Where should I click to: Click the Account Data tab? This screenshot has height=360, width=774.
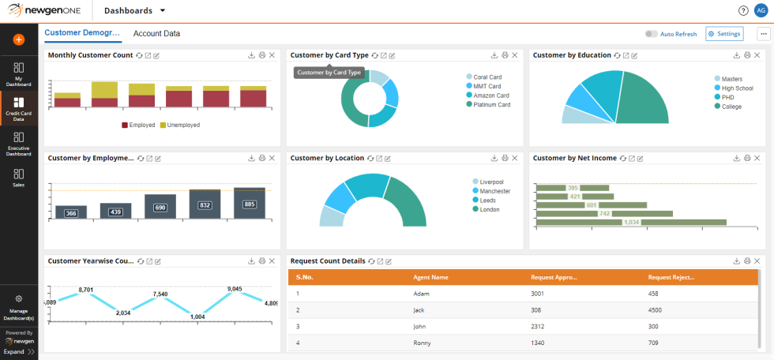[x=156, y=34]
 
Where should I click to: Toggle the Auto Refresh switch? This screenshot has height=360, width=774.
[x=652, y=34]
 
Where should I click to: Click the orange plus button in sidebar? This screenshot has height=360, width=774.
[x=19, y=39]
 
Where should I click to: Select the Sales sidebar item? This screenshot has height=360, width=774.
[x=19, y=178]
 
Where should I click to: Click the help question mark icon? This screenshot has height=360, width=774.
[x=743, y=11]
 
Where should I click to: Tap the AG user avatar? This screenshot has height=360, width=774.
[x=761, y=11]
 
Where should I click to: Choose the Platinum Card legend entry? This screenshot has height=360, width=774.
[x=491, y=104]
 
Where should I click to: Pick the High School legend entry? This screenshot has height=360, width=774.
[x=737, y=88]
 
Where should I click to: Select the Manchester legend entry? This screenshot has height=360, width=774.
[x=494, y=191]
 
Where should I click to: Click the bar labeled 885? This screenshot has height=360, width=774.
[x=250, y=204]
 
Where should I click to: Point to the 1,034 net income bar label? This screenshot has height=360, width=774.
[x=632, y=222]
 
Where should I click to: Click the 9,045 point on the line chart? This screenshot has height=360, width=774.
[x=235, y=290]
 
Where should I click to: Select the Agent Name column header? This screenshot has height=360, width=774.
[x=430, y=277]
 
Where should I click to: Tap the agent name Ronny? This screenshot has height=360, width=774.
[x=422, y=343]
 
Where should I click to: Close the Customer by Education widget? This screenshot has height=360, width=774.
[x=757, y=55]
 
